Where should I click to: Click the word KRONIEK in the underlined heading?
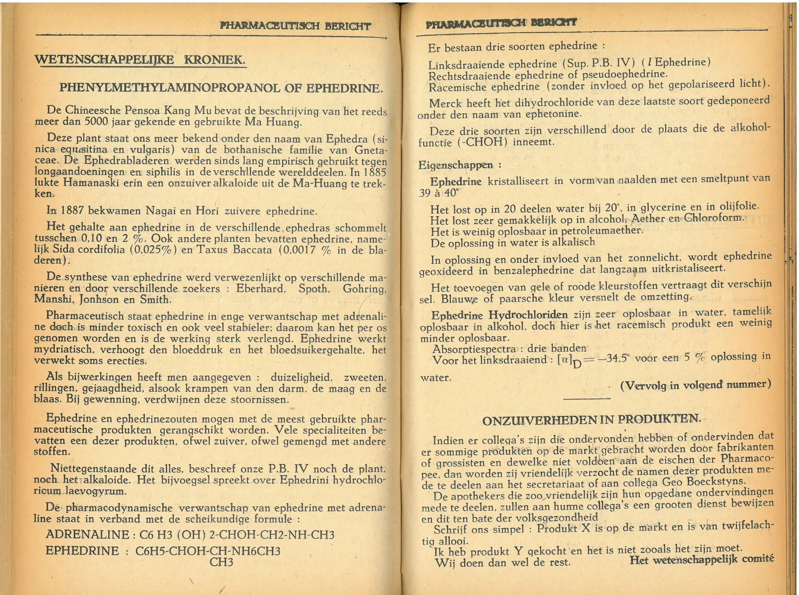tap(214, 60)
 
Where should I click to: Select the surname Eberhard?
tap(260, 289)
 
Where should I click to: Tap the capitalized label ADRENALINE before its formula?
tap(87, 534)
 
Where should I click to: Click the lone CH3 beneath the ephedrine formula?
tap(221, 562)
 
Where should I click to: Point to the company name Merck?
tap(445, 104)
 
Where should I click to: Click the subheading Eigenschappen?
tap(456, 165)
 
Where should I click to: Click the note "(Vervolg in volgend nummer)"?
tap(695, 385)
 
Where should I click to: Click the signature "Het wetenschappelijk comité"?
tap(701, 560)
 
